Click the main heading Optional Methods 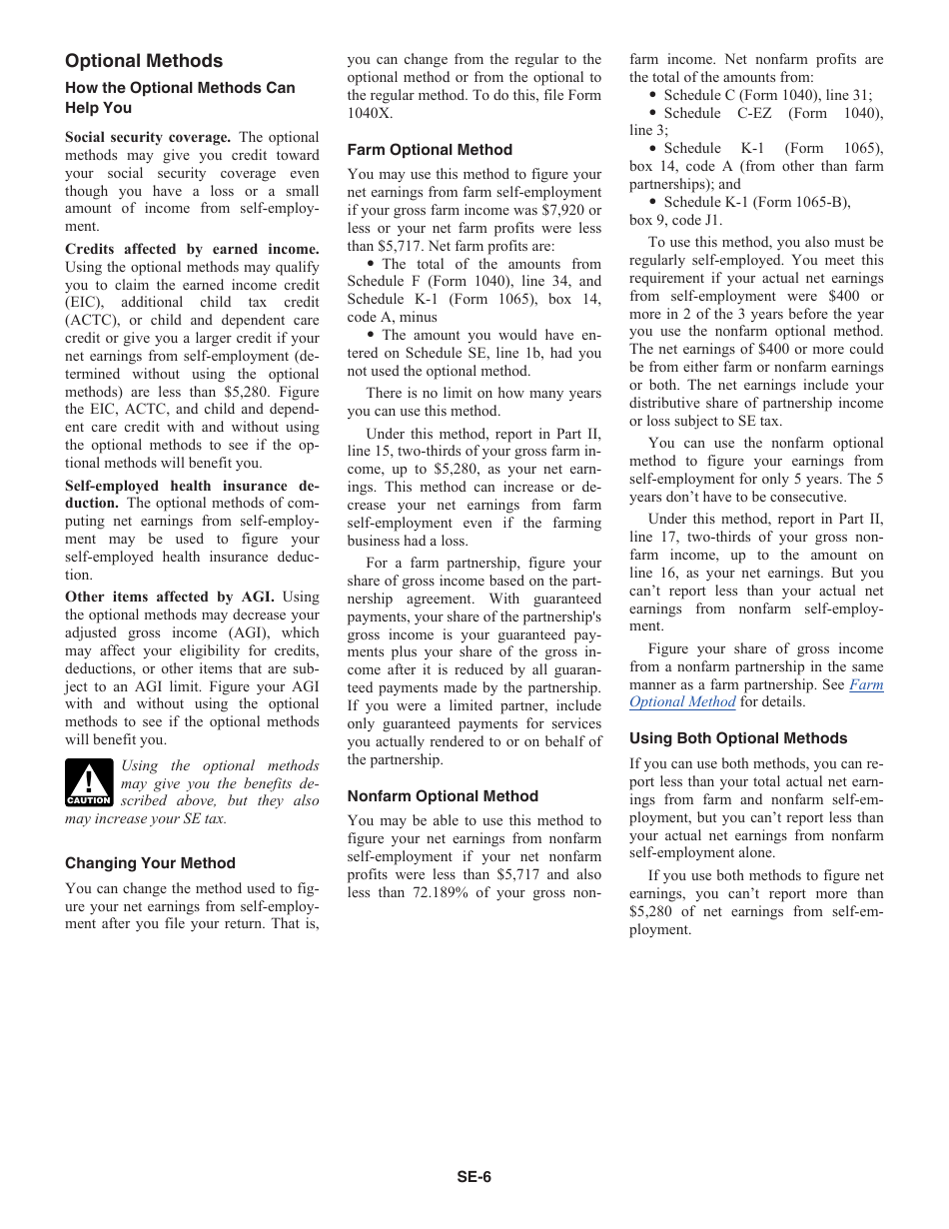(x=144, y=61)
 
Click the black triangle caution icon (x=89, y=782)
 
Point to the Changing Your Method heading (x=150, y=863)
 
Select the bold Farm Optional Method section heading (x=430, y=150)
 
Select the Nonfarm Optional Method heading (x=443, y=796)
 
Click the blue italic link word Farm (x=866, y=684)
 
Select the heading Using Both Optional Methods (x=738, y=738)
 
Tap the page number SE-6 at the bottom (x=474, y=1176)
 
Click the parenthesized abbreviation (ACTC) (x=94, y=320)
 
